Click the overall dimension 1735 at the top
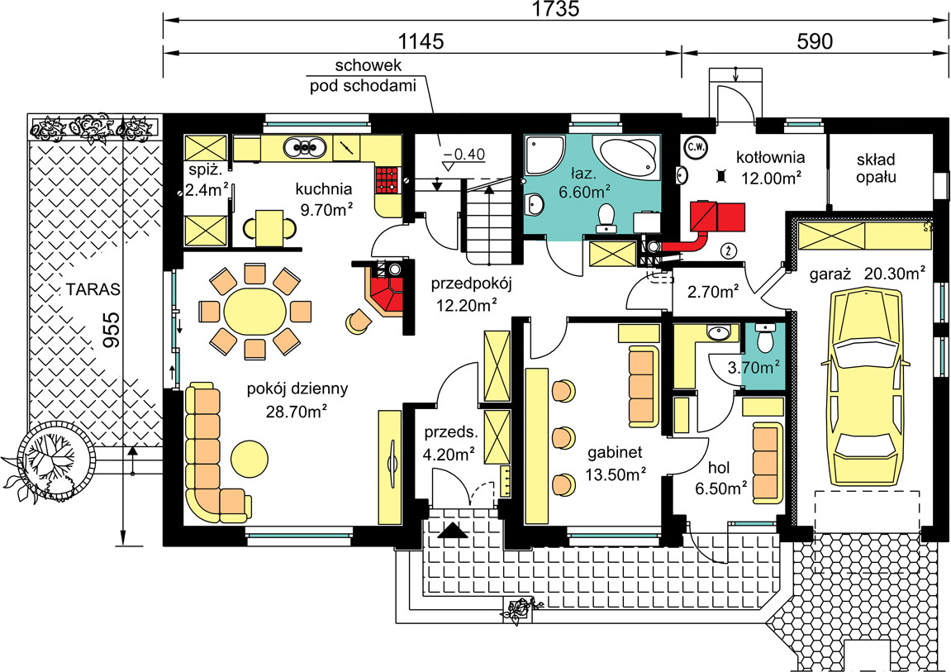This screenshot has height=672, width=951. point(555,8)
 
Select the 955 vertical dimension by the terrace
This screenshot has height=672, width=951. point(111,329)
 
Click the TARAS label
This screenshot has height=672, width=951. point(93,289)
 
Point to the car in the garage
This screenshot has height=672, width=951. point(865,387)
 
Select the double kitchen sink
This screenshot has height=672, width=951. point(302,147)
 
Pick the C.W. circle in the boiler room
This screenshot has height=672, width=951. point(693,146)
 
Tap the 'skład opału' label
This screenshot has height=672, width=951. point(876,168)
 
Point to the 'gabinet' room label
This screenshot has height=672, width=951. point(615,452)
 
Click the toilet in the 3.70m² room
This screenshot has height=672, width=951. point(765,338)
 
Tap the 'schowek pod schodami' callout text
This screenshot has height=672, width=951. point(364,75)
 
